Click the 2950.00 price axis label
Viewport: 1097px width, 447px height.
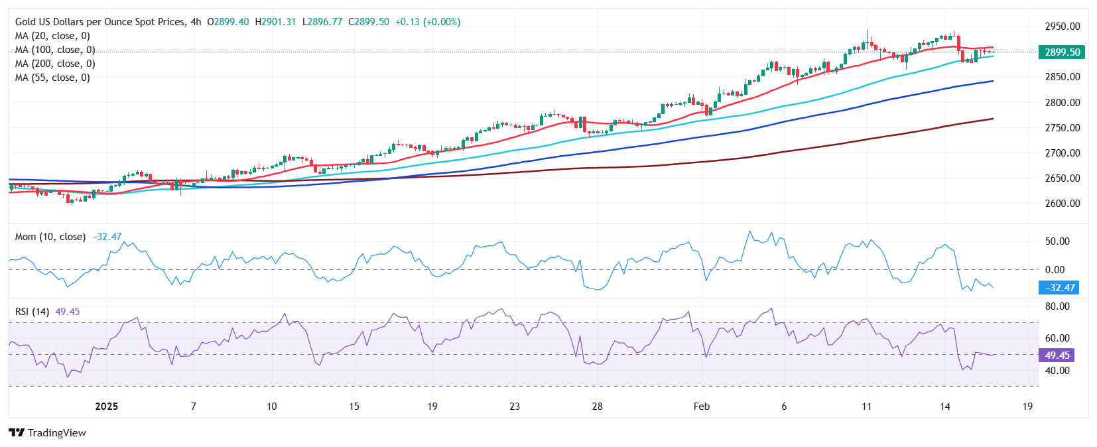1062,27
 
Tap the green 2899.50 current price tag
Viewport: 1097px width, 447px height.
1062,52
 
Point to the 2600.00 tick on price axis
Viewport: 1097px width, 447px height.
1062,204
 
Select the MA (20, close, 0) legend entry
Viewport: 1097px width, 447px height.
52,36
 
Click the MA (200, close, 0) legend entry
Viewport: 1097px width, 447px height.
55,64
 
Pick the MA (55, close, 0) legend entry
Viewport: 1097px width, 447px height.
52,78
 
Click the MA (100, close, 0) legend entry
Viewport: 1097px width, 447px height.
55,50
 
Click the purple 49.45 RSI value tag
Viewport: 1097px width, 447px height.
1057,355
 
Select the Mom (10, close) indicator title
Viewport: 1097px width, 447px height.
50,237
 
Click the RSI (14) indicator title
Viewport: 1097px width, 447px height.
32,312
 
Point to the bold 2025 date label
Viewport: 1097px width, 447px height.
106,407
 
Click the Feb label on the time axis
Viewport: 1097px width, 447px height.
701,407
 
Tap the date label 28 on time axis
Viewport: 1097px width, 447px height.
597,407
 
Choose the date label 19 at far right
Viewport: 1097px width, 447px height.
1027,407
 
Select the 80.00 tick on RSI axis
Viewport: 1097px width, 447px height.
1057,306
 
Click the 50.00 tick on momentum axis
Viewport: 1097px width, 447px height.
1057,241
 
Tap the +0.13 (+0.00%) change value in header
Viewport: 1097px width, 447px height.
427,22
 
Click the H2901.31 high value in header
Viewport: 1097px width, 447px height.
275,22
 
